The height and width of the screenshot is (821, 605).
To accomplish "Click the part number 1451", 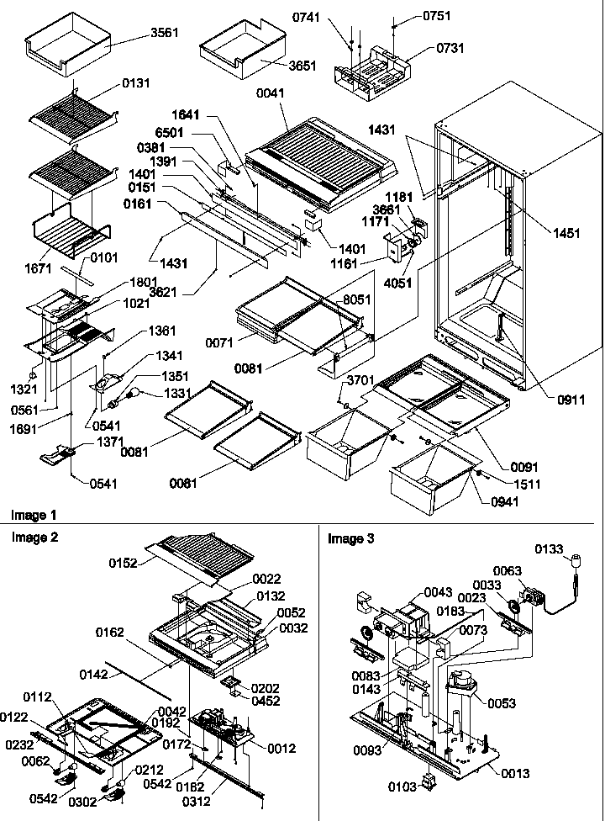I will point(566,234).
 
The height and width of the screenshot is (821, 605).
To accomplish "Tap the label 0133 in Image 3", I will point(549,549).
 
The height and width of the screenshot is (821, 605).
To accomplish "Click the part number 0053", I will point(502,703).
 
